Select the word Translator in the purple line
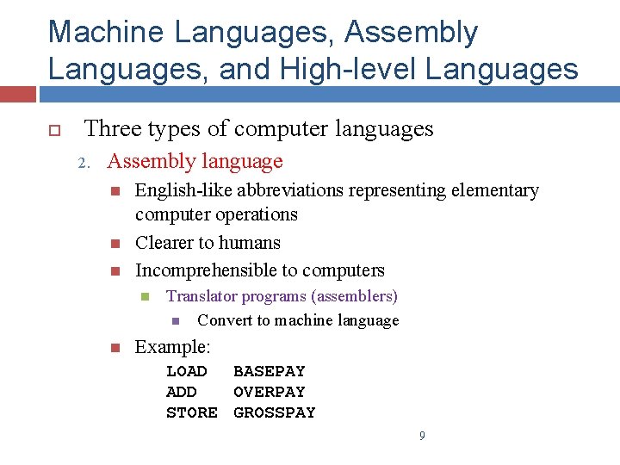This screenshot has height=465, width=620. click(x=200, y=296)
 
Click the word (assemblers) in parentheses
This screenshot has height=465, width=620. click(x=355, y=296)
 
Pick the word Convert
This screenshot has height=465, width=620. click(x=223, y=320)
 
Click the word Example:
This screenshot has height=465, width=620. click(x=173, y=347)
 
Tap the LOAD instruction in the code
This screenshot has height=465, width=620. click(x=187, y=371)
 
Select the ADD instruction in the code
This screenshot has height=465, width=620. click(x=182, y=392)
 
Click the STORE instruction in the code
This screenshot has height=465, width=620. click(x=192, y=412)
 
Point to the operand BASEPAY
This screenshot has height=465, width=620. click(x=270, y=371)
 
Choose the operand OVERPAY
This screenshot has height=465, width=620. click(x=270, y=392)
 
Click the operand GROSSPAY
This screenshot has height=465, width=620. click(x=275, y=412)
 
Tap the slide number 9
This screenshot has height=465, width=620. click(x=422, y=437)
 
